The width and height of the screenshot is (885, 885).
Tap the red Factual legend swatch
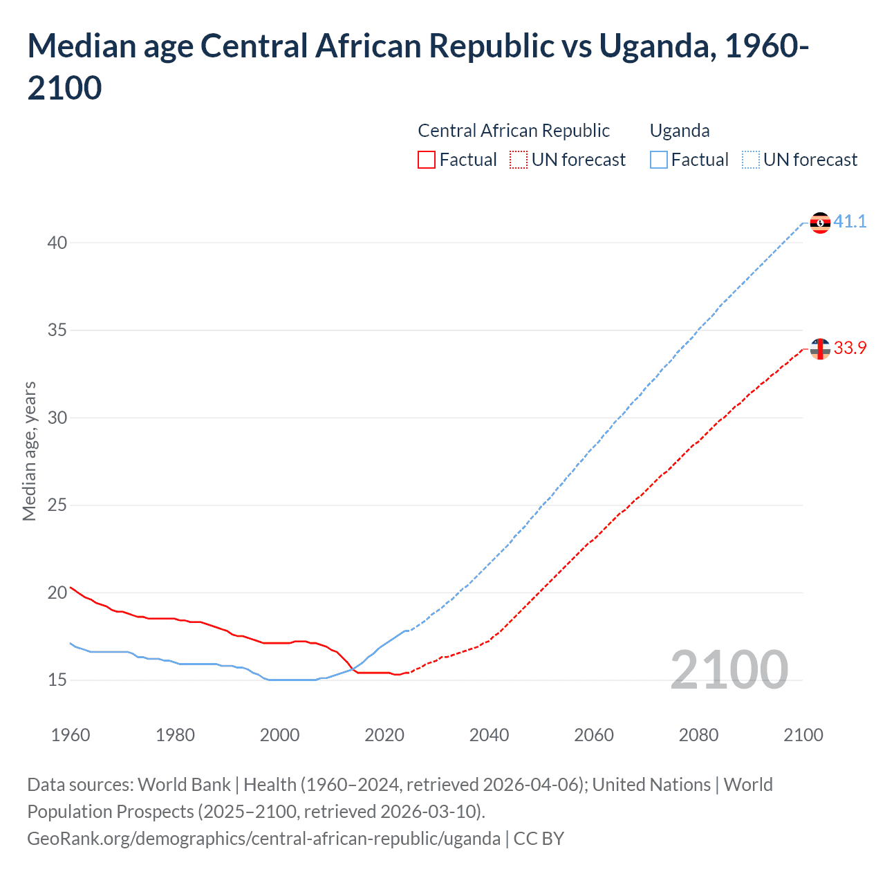coord(427,160)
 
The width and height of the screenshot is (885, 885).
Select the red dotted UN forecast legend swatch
coord(519,160)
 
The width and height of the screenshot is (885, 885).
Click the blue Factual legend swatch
coord(659,160)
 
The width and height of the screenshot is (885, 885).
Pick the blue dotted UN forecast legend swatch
coord(751,160)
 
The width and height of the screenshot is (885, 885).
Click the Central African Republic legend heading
coord(514,131)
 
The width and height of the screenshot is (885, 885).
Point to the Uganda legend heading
coord(680,131)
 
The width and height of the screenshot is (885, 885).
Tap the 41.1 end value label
coord(850,221)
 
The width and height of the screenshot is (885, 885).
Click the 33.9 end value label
coord(850,348)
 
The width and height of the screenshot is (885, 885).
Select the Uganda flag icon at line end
coord(820,223)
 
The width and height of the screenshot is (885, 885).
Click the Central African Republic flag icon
coord(820,349)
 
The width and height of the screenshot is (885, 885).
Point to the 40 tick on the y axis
coord(57,243)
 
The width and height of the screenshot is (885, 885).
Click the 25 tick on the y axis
coord(57,505)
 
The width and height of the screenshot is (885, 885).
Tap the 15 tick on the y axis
coord(57,680)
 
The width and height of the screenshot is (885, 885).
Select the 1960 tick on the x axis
coord(71,735)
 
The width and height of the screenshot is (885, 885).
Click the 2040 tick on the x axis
coord(489,735)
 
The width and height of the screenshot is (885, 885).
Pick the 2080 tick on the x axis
coord(698,735)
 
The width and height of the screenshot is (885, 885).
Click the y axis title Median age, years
coord(29,451)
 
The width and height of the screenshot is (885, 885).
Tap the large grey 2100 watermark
coord(729,670)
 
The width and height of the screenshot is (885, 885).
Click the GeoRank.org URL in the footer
coord(263,839)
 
